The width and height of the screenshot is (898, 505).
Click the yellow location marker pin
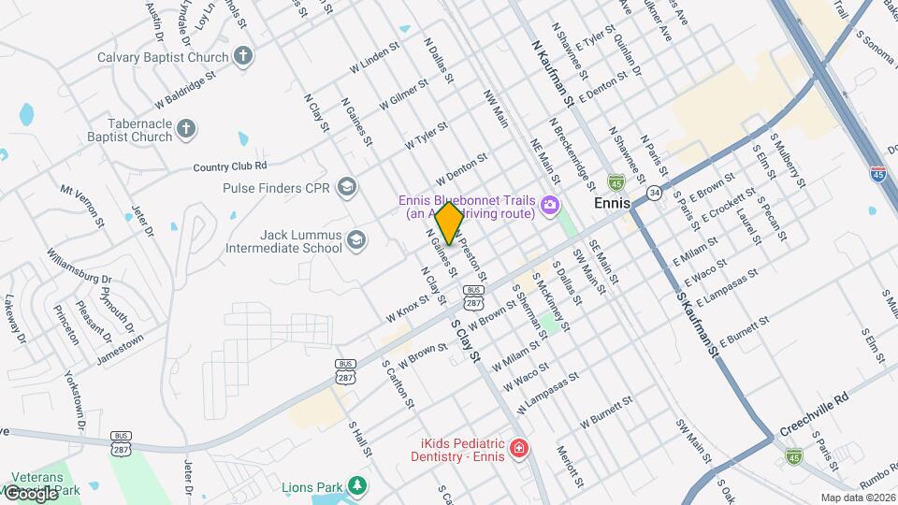pos(449,224)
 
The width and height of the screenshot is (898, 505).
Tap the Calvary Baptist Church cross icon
pos(243,56)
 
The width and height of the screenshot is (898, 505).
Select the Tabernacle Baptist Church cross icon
pos(186,128)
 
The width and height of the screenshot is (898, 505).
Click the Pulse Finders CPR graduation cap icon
pos(348,187)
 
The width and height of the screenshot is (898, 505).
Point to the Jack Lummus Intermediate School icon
pos(355,241)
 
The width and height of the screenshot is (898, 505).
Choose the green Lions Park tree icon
pos(355,485)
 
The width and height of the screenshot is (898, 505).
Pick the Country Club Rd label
pos(230,167)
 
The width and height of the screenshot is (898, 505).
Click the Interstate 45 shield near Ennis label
pos(616,180)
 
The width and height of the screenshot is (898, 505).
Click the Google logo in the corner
pos(30,493)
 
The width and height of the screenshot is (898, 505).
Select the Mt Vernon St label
pos(81,205)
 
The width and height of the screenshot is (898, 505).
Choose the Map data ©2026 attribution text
pos(857,498)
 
